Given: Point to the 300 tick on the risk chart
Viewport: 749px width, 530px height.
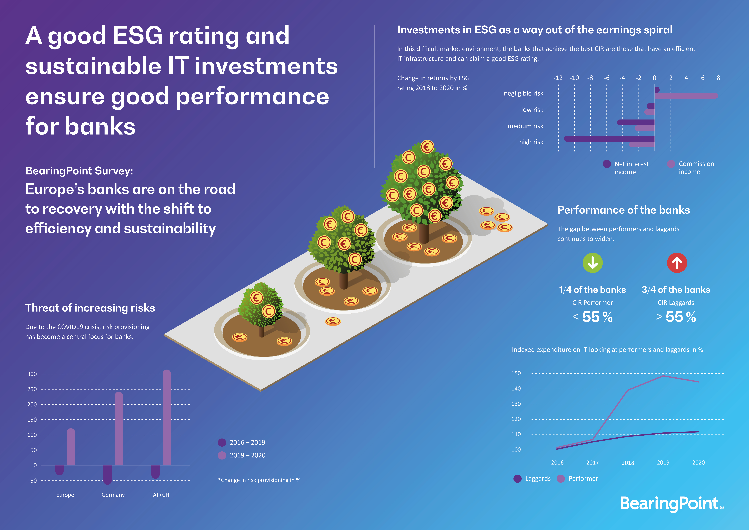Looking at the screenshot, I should (x=32, y=374).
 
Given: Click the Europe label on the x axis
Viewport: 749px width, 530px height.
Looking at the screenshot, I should (x=65, y=495).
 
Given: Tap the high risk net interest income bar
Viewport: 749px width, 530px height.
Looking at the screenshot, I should (x=609, y=138).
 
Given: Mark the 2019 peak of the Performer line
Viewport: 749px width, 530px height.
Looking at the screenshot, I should (x=663, y=376).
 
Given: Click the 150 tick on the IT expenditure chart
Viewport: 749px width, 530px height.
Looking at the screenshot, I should (x=516, y=373).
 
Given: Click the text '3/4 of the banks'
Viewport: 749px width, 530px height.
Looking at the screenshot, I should (x=676, y=290).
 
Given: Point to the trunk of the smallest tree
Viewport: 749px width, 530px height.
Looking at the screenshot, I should (x=262, y=332).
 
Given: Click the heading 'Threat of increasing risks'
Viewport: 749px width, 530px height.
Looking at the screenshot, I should (x=90, y=308).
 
